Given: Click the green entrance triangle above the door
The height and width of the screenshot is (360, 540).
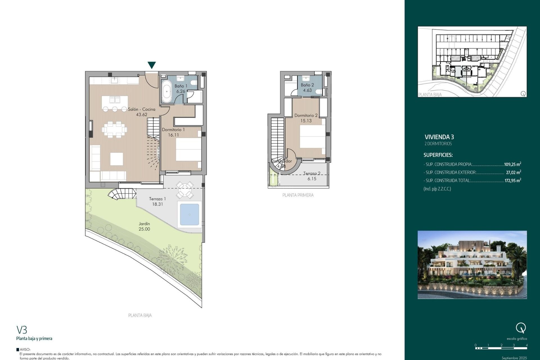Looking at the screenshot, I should [x=152, y=65].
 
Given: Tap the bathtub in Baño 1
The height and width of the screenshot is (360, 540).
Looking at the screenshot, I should [x=166, y=91].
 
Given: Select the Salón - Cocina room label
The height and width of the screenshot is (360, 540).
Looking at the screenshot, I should [x=141, y=109].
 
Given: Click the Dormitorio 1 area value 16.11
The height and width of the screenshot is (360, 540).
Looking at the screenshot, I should [x=173, y=135].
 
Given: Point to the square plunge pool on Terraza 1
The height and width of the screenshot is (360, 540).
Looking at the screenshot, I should [x=189, y=215].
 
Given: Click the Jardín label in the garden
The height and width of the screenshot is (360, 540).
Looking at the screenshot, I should [x=144, y=224].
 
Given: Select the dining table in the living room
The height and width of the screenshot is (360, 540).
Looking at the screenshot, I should [x=114, y=130].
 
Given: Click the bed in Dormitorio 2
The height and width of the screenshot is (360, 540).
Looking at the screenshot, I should [x=312, y=137].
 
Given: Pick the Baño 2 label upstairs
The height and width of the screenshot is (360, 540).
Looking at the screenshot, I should [x=307, y=85].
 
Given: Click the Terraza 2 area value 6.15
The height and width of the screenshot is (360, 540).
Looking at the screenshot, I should [x=312, y=179].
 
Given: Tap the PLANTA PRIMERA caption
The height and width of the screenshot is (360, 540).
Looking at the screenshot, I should [x=298, y=195].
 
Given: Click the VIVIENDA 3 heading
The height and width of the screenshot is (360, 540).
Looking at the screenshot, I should [x=439, y=137].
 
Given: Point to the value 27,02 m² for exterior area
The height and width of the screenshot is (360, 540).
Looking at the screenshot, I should [x=513, y=172].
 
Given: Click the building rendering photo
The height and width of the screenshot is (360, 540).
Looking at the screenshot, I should [x=472, y=265].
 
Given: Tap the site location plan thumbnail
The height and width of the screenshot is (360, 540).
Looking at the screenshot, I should [x=472, y=62].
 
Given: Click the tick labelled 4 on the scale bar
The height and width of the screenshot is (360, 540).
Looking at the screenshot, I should [x=526, y=345].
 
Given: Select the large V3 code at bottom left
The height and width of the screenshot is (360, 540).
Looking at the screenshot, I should [x=22, y=330].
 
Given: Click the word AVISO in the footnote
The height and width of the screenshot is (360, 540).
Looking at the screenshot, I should [x=25, y=350].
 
